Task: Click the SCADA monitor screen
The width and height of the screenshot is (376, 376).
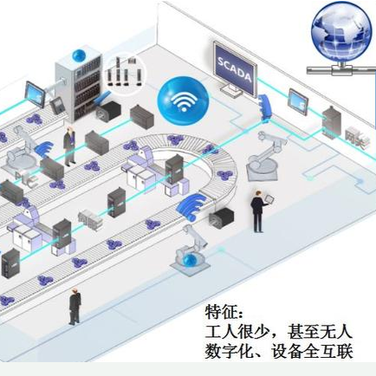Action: (x=235, y=70)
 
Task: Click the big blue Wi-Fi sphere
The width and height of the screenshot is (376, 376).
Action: (x=183, y=100)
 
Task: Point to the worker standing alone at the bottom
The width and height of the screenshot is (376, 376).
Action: (x=75, y=306)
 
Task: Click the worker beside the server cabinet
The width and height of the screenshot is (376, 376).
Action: (x=69, y=146)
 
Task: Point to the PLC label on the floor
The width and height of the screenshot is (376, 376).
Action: (x=26, y=179)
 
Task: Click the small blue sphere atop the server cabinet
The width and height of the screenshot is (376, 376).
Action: (x=79, y=55)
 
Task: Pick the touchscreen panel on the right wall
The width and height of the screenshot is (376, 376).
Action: (x=298, y=99)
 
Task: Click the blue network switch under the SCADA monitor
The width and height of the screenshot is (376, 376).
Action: (x=266, y=107)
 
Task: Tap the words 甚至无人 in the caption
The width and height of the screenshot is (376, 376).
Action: (x=320, y=332)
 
